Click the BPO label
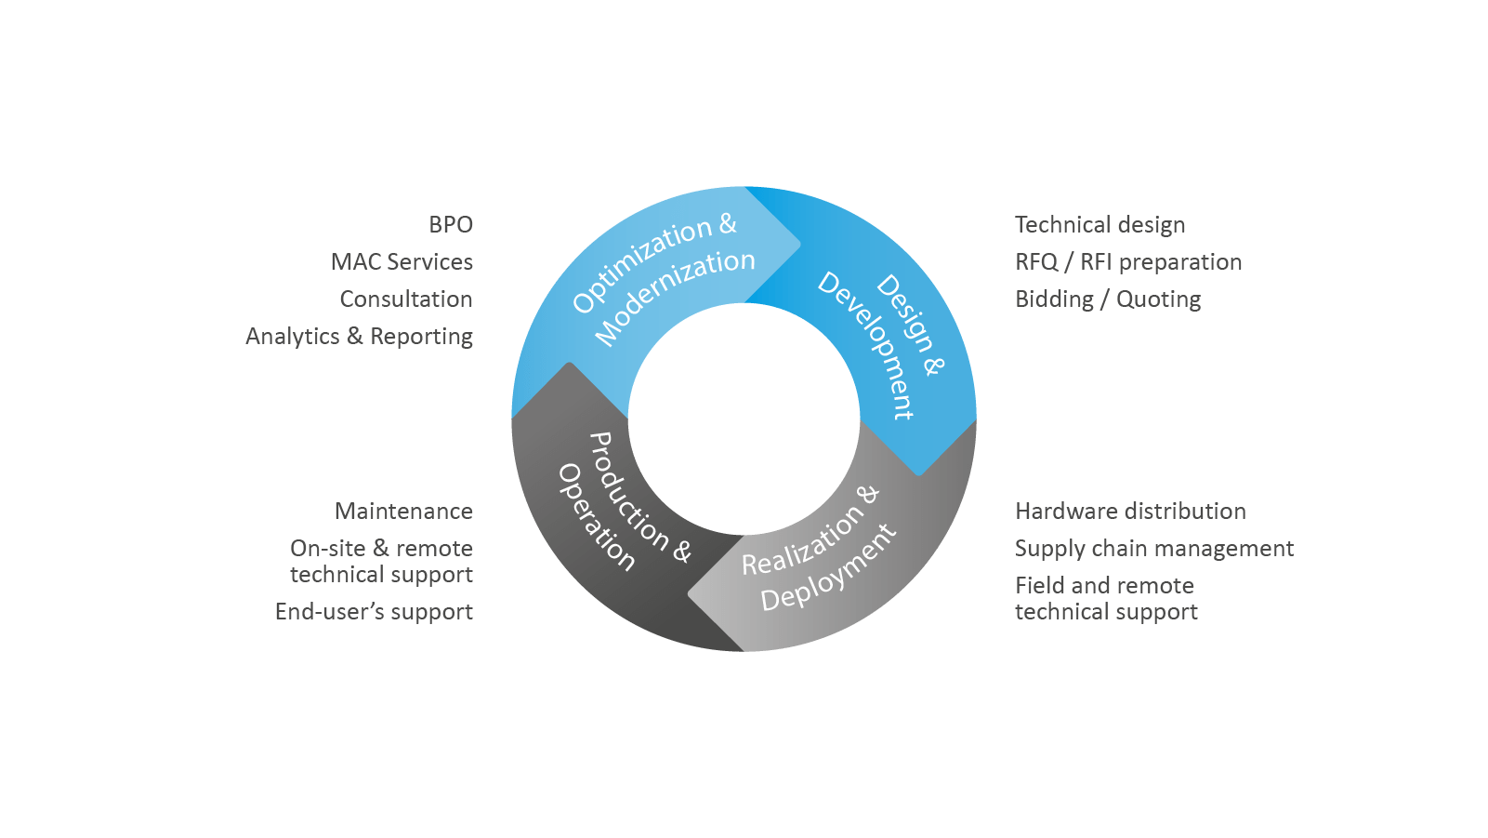451,225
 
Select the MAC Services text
402,262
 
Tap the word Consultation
406,299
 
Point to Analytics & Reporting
359,337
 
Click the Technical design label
1100,225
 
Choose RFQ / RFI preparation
1128,262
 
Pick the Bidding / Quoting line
1108,299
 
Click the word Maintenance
403,512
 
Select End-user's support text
374,612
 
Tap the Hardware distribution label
1130,512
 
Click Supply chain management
1153,549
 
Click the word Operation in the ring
596,517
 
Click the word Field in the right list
1036,586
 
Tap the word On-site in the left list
327,549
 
